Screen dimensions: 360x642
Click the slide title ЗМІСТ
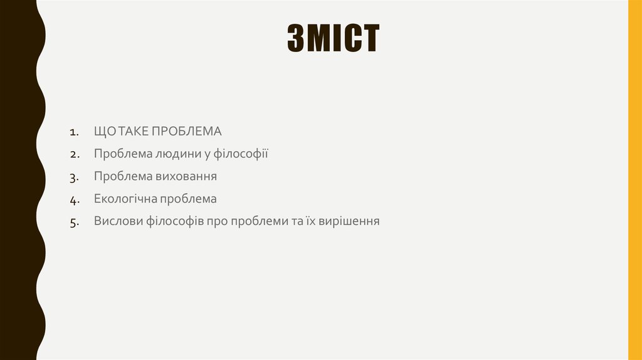333,40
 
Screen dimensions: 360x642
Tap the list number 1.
74,132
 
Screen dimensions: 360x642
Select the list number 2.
74,155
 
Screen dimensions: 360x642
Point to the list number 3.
74,177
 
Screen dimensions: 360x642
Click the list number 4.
74,200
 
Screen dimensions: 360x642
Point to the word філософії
241,154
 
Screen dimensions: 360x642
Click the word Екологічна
125,199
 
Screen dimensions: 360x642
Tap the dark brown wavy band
19,180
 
